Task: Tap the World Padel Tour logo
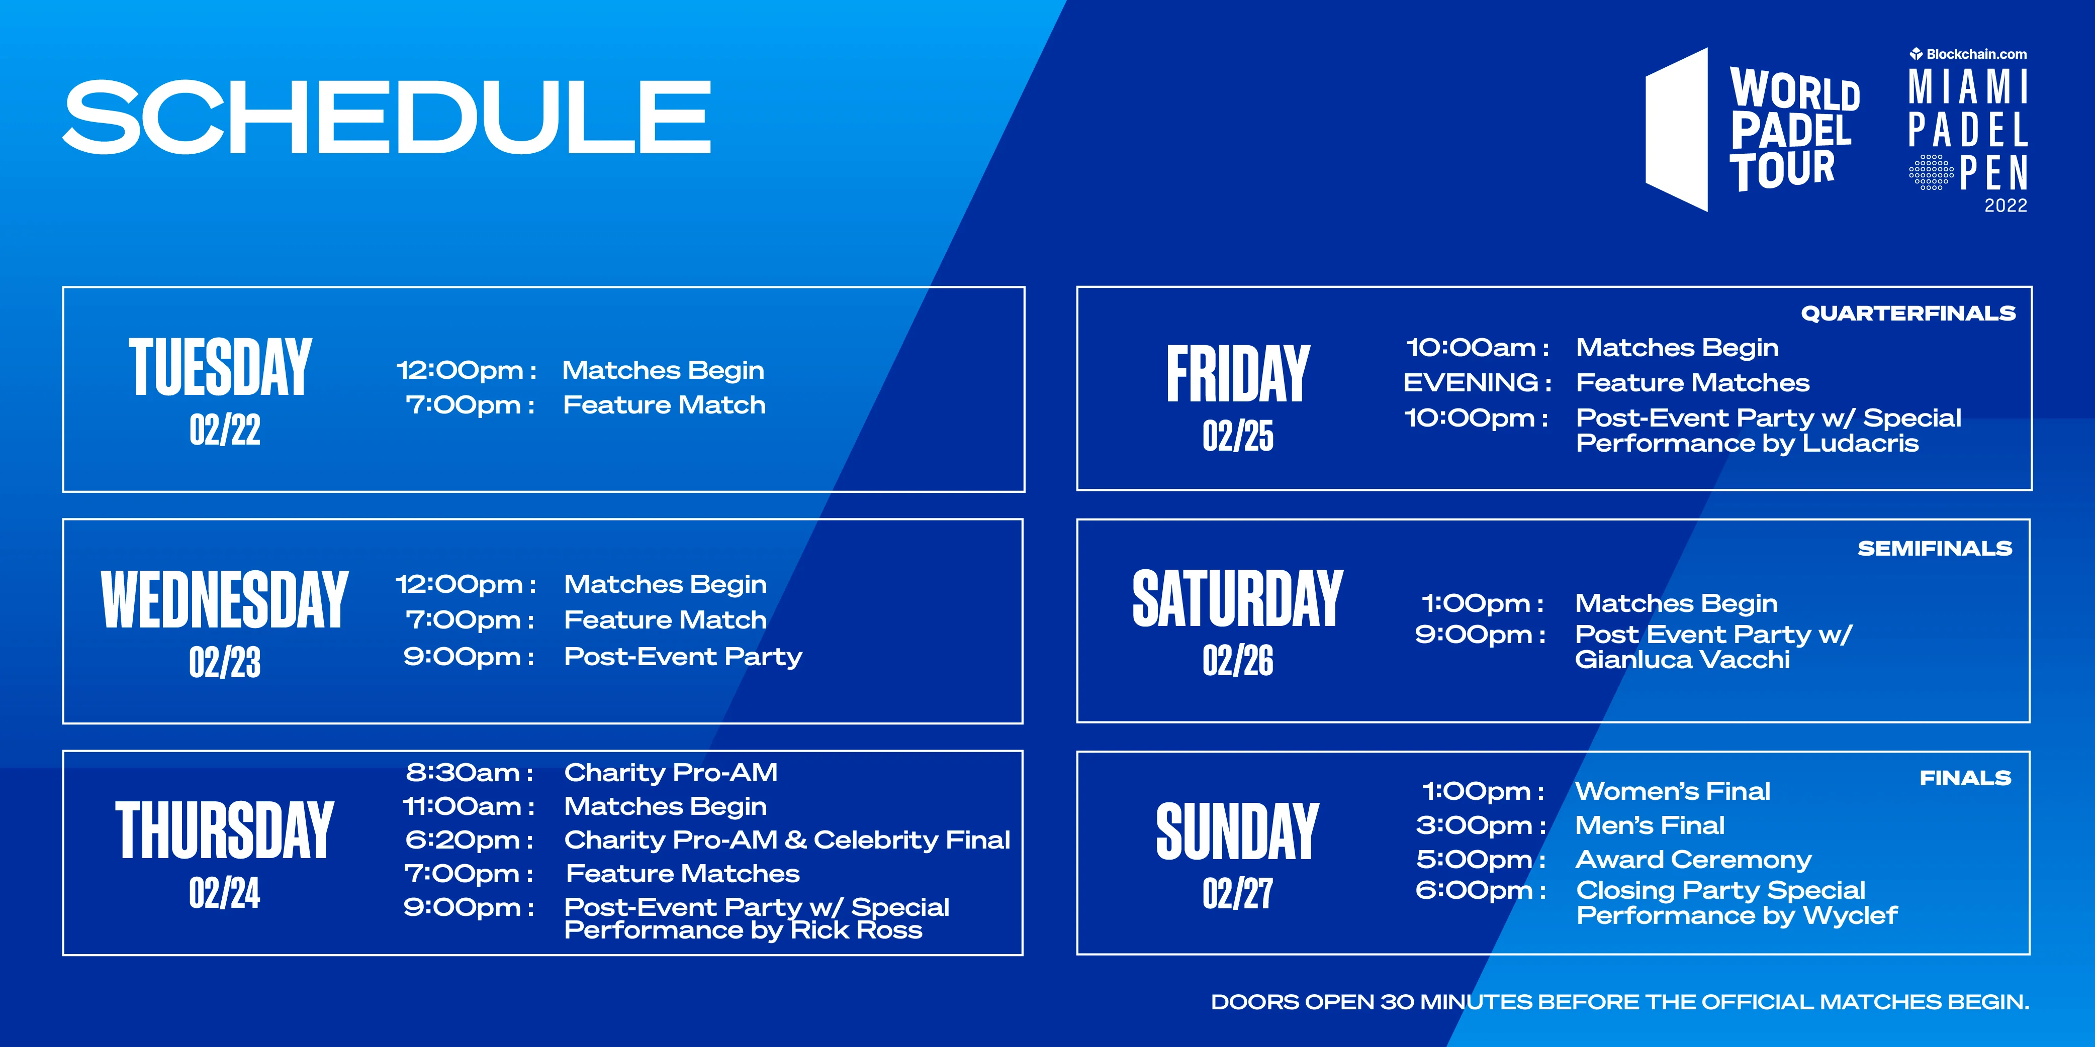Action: click(1753, 130)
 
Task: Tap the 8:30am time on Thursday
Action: click(469, 772)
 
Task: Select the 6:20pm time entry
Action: click(469, 840)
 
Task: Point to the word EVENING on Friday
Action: click(1471, 382)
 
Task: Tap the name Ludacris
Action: click(1861, 443)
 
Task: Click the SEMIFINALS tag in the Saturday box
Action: click(1935, 549)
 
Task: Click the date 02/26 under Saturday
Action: click(1238, 660)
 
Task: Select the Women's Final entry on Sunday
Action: click(1672, 791)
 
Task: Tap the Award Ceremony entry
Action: click(1693, 859)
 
